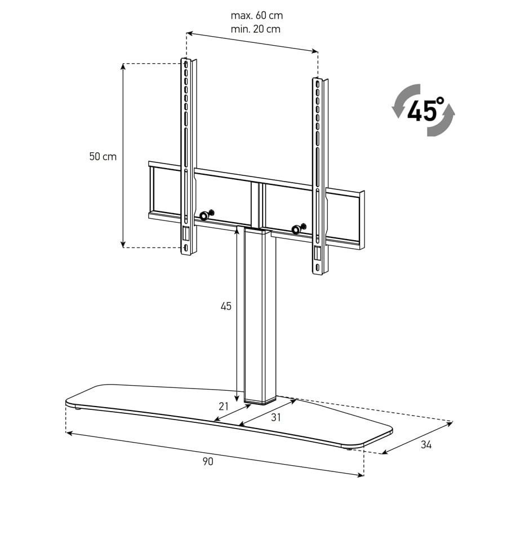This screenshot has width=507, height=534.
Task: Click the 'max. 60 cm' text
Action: pos(256,16)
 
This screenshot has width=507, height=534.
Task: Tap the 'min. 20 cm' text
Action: pos(256,29)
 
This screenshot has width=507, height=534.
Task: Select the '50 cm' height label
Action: pos(103,156)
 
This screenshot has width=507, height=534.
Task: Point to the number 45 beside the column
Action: pos(226,306)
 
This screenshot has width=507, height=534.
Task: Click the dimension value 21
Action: pos(224,407)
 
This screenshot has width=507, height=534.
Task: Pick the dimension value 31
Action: pos(276,417)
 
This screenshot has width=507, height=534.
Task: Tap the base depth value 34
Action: pos(426,445)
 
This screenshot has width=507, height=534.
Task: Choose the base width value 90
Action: pos(208,461)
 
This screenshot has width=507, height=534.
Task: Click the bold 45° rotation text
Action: pos(425,109)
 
